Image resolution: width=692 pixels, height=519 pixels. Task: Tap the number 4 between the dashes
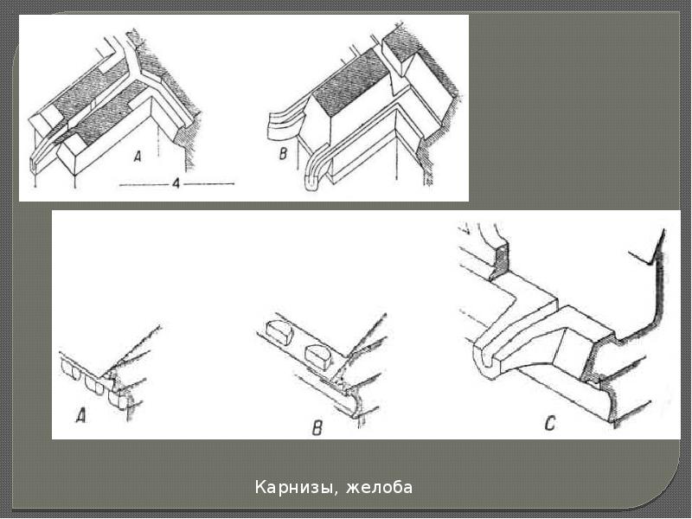[176, 183]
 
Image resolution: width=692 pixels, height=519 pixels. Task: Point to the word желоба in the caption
[379, 488]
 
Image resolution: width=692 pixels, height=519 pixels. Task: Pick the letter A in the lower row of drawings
[81, 416]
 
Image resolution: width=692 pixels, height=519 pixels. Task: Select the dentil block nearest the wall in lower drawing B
[317, 354]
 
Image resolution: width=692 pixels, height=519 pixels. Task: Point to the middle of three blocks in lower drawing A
[93, 384]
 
